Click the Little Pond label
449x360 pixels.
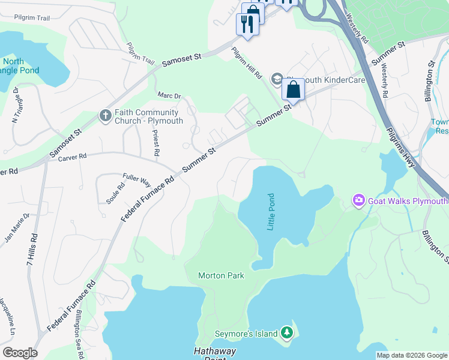270,213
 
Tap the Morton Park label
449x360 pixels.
221,275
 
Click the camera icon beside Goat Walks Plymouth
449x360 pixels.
359,200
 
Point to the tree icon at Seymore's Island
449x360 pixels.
288,332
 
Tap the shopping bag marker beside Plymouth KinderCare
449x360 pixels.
293,91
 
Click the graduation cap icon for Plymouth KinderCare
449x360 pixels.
277,79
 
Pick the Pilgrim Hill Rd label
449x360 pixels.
247,64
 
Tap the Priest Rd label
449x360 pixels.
155,143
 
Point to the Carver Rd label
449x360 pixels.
74,157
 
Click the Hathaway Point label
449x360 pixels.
214,353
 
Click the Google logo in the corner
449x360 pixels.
20,353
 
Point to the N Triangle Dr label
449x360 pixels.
16,106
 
